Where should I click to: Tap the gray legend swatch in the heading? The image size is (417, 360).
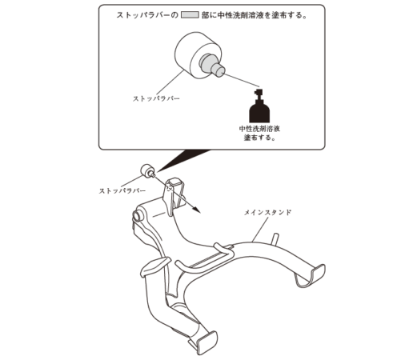click(190, 15)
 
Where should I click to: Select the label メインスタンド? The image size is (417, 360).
click(268, 213)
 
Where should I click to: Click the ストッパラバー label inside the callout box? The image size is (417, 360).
click(156, 98)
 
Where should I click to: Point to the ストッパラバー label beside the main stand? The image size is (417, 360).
click(122, 190)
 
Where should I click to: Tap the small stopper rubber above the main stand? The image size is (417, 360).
click(147, 171)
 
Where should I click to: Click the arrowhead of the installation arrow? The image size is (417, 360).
click(196, 210)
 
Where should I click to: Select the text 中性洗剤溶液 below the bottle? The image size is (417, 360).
click(259, 129)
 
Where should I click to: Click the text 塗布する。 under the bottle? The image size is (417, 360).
click(260, 138)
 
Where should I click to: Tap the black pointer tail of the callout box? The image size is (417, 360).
click(182, 159)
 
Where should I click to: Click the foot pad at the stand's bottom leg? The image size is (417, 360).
click(206, 342)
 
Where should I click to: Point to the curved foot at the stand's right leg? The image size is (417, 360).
click(311, 276)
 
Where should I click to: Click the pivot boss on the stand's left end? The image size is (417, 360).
click(137, 216)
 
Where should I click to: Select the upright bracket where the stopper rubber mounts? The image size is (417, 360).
click(174, 196)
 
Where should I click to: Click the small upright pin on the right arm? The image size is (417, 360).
click(275, 239)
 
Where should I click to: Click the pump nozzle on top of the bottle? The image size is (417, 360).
click(259, 93)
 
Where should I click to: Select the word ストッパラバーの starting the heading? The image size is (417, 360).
click(147, 15)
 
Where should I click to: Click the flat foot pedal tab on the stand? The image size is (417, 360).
click(155, 266)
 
